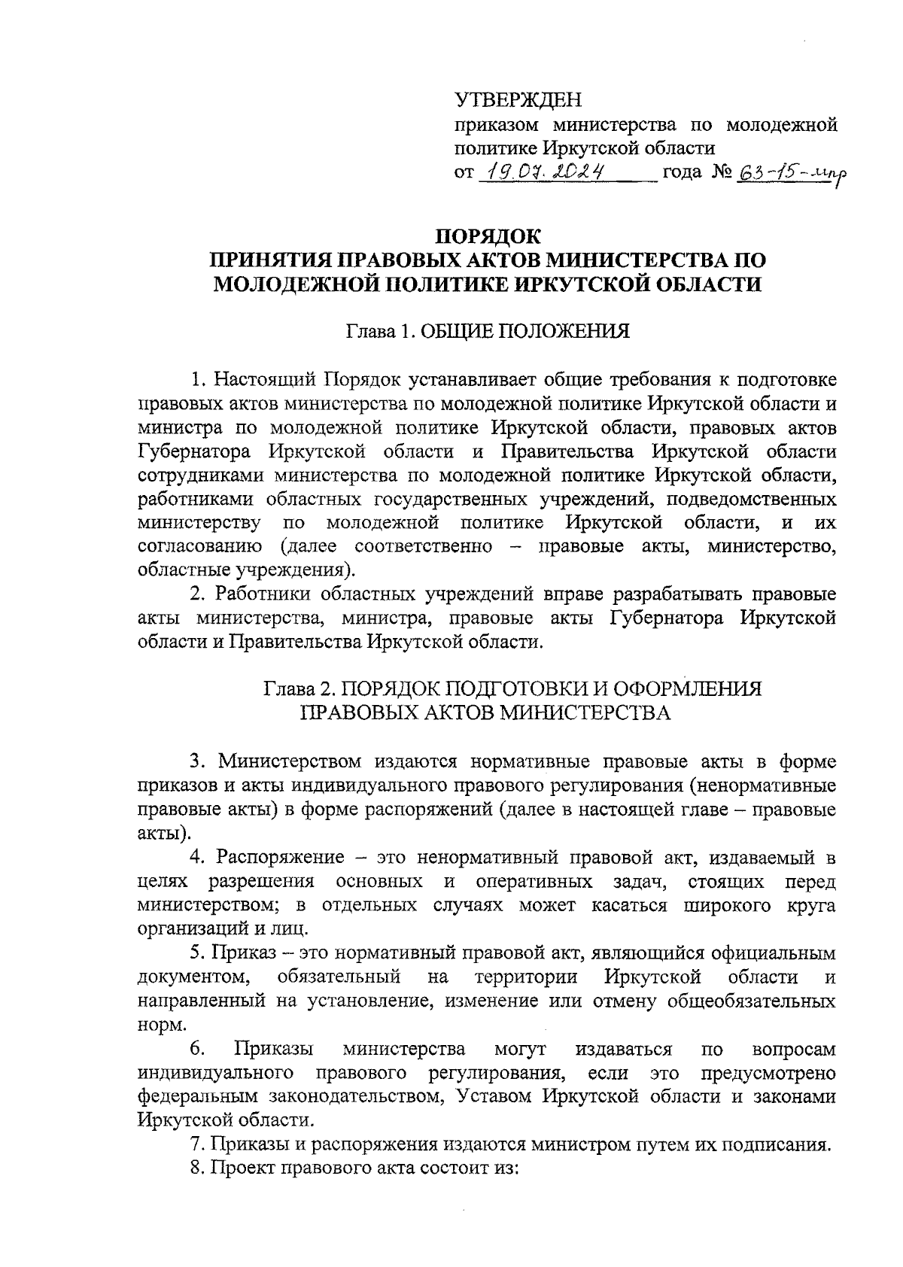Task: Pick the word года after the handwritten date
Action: click(x=683, y=173)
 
